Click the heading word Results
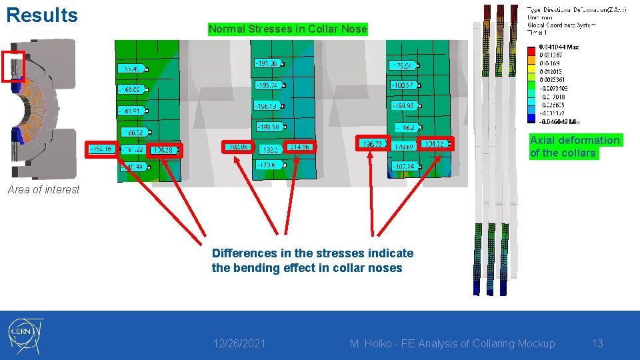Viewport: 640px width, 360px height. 41,15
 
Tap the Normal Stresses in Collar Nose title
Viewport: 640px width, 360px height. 287,29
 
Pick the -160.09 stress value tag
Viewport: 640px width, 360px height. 131,89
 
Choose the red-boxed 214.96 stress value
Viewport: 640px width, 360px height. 300,147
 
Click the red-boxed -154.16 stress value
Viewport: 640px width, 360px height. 101,149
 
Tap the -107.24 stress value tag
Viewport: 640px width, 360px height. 403,166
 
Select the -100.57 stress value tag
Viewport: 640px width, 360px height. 403,85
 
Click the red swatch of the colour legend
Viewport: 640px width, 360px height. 531,49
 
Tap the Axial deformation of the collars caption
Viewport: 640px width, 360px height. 575,146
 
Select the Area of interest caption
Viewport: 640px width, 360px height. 43,189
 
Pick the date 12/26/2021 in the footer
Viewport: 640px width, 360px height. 239,343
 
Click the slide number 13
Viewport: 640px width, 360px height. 597,343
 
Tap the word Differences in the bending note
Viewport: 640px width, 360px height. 241,253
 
